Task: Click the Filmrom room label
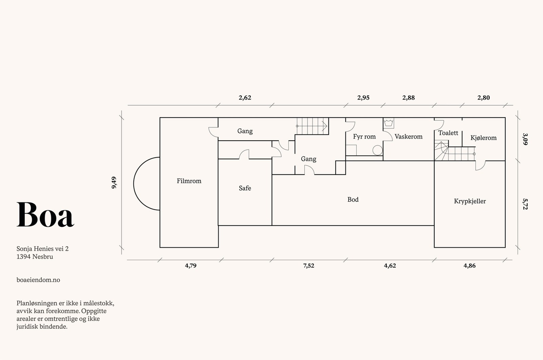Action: (x=189, y=181)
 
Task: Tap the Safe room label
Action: (x=245, y=188)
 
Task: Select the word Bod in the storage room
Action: (x=353, y=199)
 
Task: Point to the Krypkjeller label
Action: (x=470, y=201)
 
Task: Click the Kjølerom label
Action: (x=483, y=138)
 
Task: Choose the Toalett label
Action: (x=448, y=133)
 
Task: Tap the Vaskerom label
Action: (x=409, y=137)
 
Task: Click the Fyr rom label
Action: (x=364, y=137)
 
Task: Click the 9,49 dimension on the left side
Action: (x=114, y=183)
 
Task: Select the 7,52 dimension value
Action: (x=308, y=266)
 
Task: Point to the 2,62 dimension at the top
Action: (x=245, y=98)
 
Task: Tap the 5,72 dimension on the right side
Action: (x=525, y=204)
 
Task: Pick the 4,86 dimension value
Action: (x=470, y=266)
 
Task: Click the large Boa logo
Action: (x=45, y=215)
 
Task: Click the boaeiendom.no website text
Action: (x=38, y=280)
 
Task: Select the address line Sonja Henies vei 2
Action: (x=42, y=249)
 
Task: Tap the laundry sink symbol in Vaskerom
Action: (x=389, y=123)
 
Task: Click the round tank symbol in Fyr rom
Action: (x=377, y=150)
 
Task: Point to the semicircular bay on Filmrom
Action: (x=134, y=184)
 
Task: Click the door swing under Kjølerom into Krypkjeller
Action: (x=481, y=166)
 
